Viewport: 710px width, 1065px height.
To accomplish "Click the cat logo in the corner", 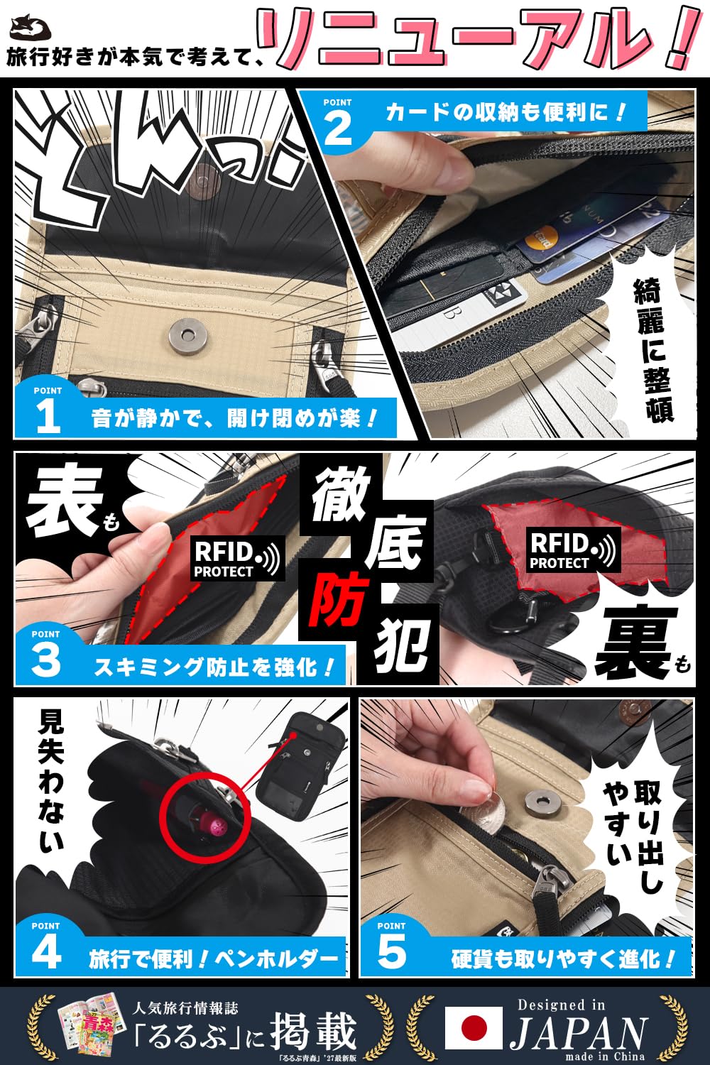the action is coord(31,30).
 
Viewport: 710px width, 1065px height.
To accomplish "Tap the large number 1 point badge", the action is coord(48,410).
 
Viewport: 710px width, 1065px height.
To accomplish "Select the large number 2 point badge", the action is coord(337,122).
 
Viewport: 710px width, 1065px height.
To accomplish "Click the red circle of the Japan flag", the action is coord(474,1029).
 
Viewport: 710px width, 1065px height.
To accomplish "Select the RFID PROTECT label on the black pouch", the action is coord(572,550).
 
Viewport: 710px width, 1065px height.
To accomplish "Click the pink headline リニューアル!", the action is coord(480,39).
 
